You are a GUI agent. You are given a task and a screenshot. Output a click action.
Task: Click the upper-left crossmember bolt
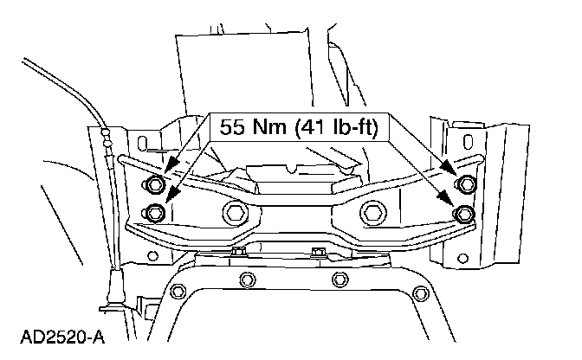pyautogui.click(x=153, y=183)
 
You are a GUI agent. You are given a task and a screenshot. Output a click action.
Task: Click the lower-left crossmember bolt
pyautogui.click(x=153, y=212)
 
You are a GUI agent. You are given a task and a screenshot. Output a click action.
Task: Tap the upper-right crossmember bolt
pyautogui.click(x=465, y=183)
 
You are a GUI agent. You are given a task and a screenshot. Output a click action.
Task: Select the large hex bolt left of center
pyautogui.click(x=236, y=213)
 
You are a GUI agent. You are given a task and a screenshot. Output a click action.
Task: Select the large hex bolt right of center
pyautogui.click(x=373, y=213)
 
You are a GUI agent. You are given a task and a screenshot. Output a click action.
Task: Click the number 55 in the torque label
pyautogui.click(x=232, y=127)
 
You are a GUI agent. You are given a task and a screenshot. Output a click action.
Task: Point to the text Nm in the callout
pyautogui.click(x=270, y=127)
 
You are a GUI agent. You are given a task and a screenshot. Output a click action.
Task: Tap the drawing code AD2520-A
pyautogui.click(x=62, y=337)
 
